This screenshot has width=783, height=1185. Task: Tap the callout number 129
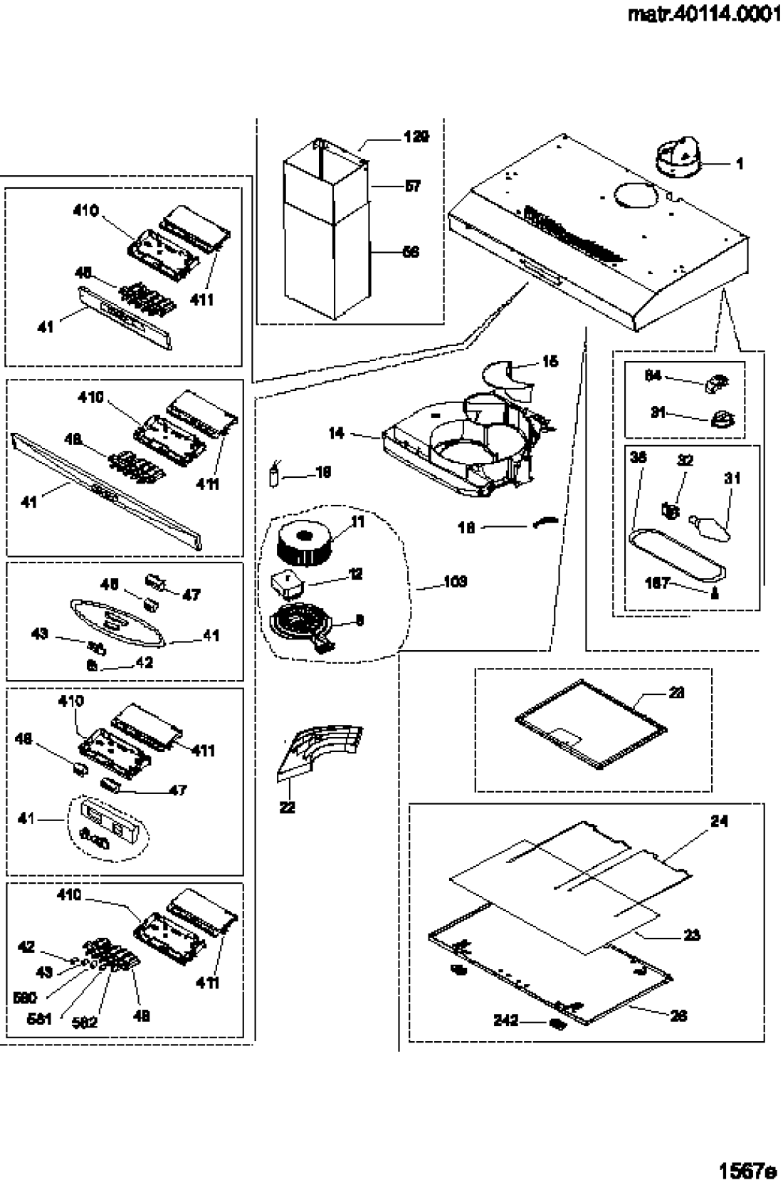pos(416,137)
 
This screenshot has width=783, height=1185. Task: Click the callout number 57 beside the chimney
pos(412,187)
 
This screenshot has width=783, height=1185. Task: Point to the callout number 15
pos(550,362)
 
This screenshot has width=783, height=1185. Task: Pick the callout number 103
pos(455,582)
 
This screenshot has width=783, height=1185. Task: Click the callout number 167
pos(657,583)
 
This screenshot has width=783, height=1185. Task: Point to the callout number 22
pos(287,808)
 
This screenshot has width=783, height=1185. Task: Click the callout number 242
pos(505,1020)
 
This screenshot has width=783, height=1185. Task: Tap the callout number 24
pos(719,821)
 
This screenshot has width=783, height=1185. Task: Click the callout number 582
pos(85,1023)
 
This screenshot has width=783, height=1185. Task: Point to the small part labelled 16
pos(273,475)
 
